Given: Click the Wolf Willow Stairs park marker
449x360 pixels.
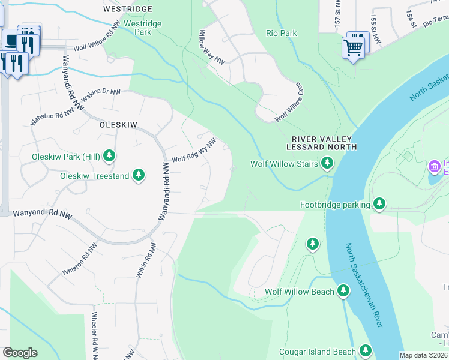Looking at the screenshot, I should (327, 163).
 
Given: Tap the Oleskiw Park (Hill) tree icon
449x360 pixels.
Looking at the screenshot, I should (109, 157).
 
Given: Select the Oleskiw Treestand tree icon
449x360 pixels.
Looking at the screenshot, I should (139, 175).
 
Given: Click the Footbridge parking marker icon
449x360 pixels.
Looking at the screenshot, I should (379, 205).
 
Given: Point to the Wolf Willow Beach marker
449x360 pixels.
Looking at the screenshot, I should (343, 292).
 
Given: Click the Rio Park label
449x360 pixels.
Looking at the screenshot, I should (282, 34).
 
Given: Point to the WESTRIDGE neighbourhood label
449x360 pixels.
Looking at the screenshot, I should (127, 10).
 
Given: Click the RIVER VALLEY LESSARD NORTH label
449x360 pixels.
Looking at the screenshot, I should (321, 142).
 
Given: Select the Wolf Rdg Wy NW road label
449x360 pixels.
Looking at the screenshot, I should (194, 151).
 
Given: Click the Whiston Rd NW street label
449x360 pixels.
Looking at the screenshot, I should (79, 260).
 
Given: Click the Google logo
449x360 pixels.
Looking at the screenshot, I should (20, 353).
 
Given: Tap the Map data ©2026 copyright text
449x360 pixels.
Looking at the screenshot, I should (423, 355).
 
